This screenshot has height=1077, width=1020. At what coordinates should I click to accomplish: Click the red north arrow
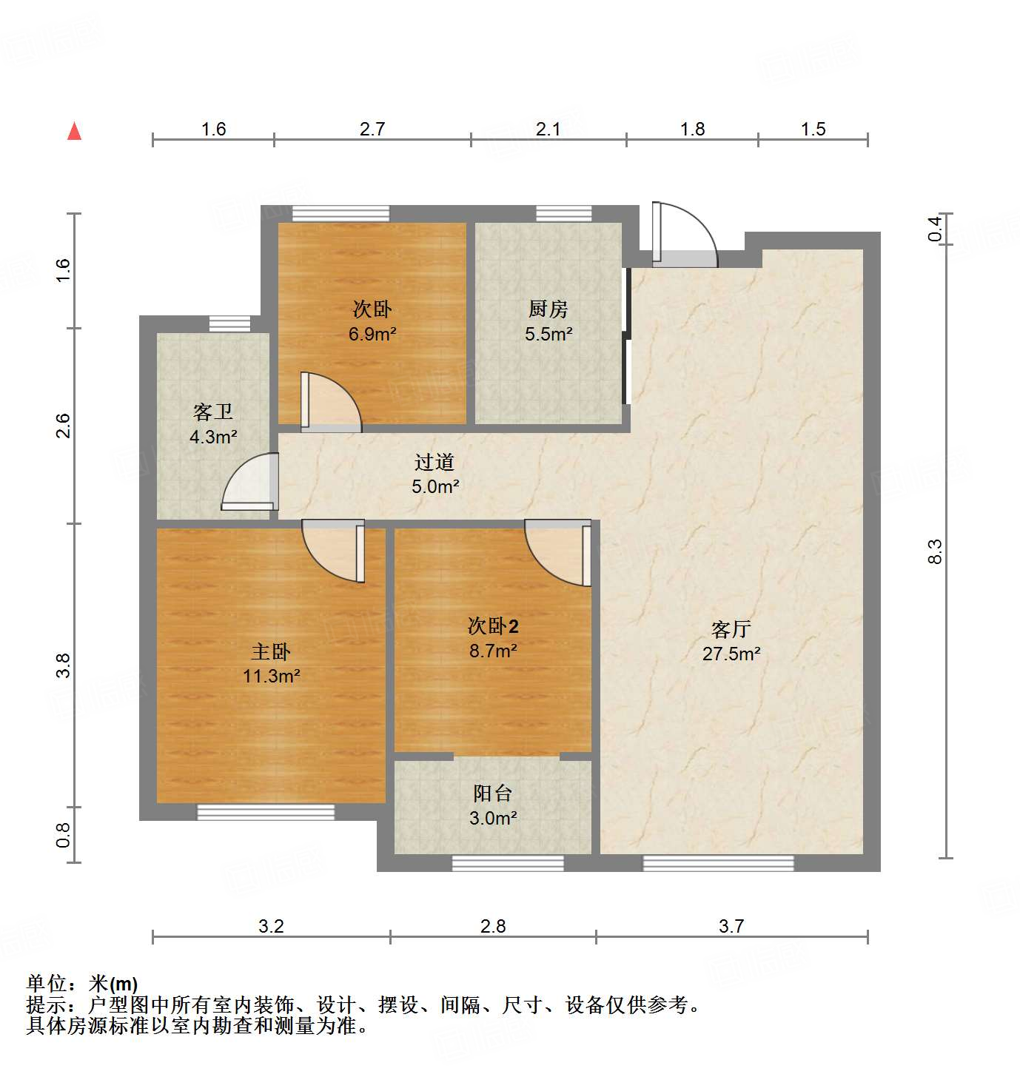point(74,131)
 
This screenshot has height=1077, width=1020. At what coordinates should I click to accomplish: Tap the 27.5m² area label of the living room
point(731,654)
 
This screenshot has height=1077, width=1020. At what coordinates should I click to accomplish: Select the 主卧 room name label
point(270,651)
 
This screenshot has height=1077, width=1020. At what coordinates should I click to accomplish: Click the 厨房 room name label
point(548,309)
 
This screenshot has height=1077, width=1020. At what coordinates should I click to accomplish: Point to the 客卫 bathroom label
point(213,412)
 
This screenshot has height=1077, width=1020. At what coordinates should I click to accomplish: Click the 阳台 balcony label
point(492,794)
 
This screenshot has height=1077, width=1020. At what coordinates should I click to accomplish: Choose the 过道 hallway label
point(434,462)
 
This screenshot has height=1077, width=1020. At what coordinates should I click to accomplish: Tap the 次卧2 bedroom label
point(493,626)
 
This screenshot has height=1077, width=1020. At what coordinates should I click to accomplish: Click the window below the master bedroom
point(265,812)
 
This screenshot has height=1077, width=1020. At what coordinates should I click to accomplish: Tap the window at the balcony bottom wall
point(508,863)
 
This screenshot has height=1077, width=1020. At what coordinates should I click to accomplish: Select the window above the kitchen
point(563,214)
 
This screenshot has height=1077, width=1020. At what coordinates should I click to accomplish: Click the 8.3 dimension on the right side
point(935,551)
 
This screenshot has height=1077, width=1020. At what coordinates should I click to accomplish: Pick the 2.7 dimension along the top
point(372,129)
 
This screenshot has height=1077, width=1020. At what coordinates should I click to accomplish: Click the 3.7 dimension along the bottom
point(731,926)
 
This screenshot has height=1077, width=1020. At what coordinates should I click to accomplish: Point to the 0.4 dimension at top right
point(935,228)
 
